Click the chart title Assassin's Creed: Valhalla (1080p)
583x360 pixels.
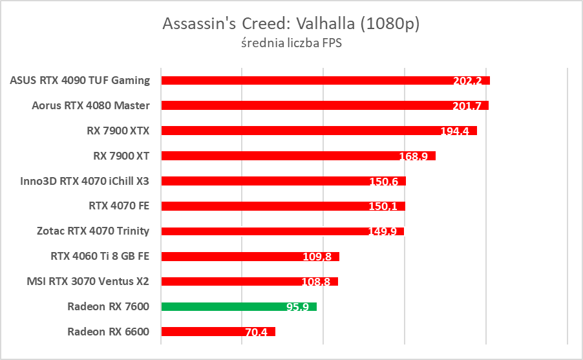pos(291,24)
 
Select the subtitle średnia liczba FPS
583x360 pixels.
pos(291,45)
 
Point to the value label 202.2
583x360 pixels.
pos(467,81)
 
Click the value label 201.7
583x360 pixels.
pos(466,106)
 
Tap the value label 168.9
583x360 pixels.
pos(414,156)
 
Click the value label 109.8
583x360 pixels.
pos(317,257)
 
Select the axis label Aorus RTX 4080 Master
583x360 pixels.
pos(90,105)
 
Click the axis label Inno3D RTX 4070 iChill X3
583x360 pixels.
pos(85,181)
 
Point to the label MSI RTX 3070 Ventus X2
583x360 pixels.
pos(88,281)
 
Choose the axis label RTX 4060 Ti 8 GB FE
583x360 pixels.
pos(100,256)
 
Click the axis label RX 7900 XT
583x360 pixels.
pos(122,156)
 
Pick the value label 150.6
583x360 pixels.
pos(383,182)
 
